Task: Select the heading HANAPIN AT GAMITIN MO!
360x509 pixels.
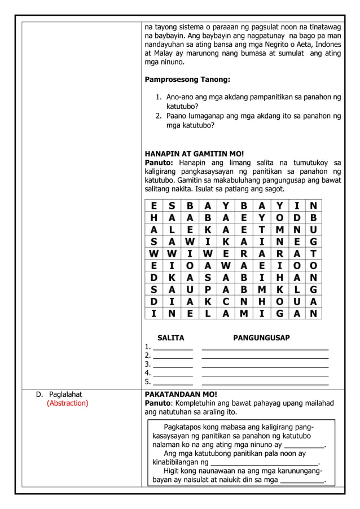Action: (194, 153)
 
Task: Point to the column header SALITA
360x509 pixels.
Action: (170, 338)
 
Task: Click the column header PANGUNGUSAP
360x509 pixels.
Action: (261, 338)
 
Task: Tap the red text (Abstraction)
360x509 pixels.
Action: (67, 403)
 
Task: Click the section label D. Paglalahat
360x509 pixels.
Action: (62, 394)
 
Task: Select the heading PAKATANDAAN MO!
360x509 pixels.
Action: (181, 394)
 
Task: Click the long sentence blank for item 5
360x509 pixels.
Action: (265, 383)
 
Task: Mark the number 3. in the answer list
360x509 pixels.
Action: (148, 364)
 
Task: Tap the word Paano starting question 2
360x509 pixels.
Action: (177, 116)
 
